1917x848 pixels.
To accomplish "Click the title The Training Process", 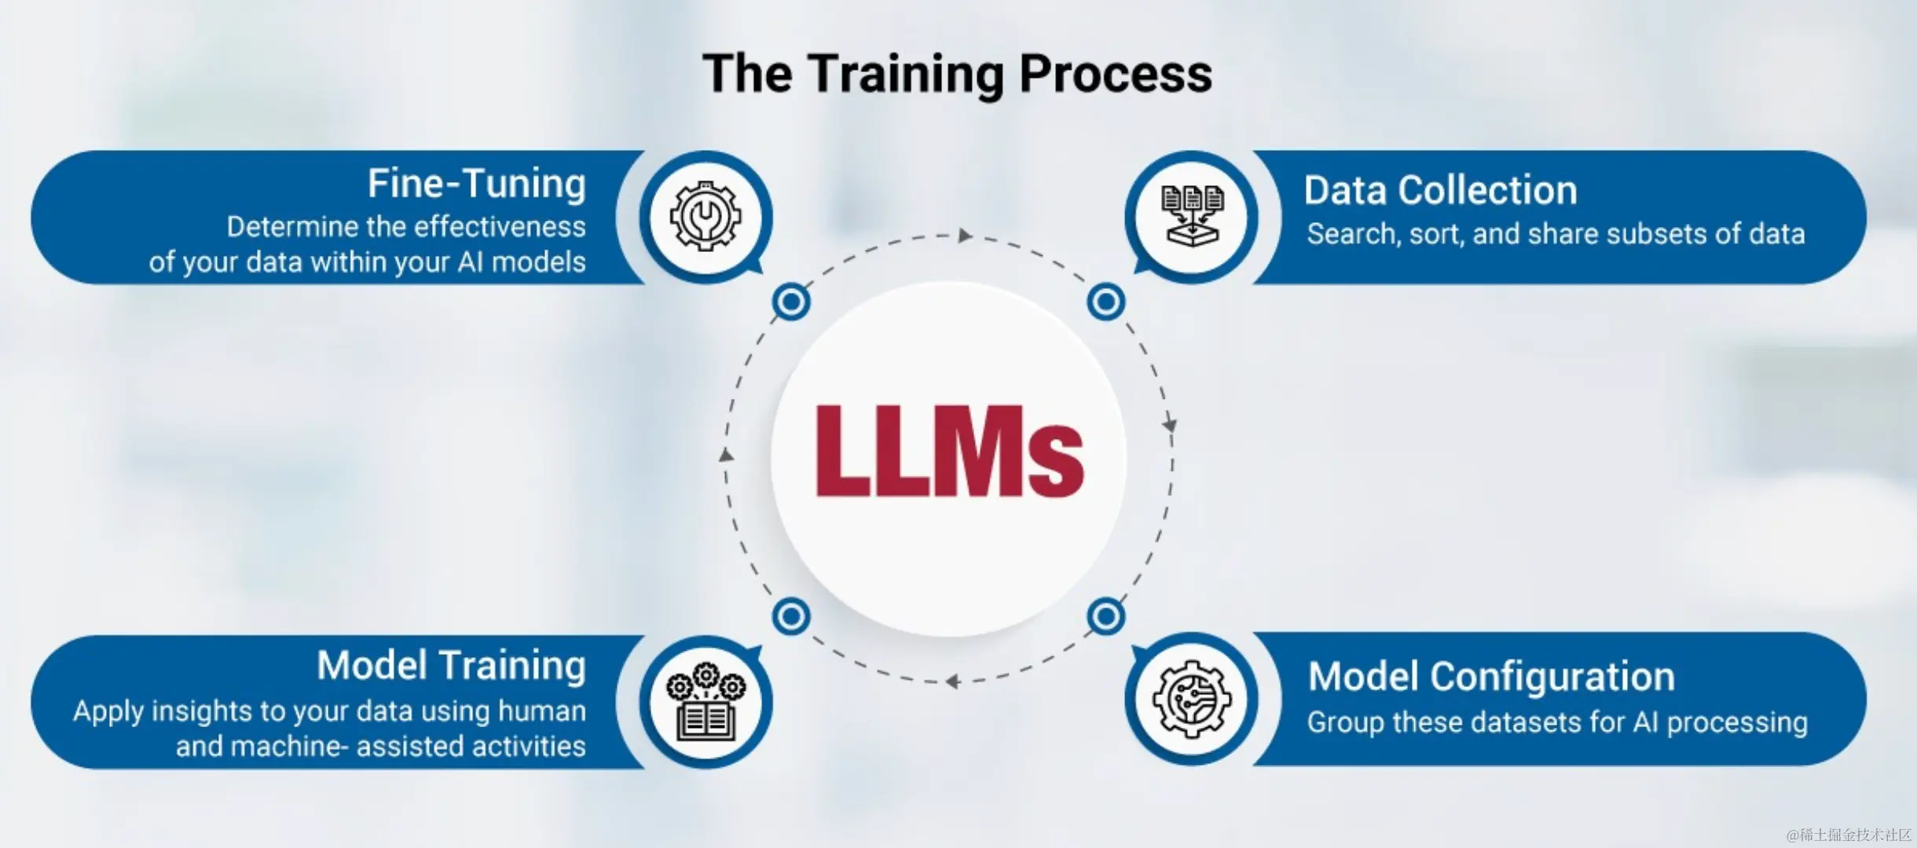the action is (957, 74).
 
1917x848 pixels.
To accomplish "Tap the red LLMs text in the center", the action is (949, 452).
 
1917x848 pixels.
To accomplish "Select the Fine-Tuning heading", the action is (477, 184).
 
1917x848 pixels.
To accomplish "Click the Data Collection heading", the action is (1440, 190).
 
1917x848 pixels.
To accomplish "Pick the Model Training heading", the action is (451, 665).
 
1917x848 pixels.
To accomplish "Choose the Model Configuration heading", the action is (1491, 676).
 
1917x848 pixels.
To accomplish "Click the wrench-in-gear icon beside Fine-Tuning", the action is (705, 216).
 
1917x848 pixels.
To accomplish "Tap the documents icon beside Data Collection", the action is (1192, 216).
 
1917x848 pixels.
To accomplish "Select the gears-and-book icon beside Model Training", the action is (705, 701).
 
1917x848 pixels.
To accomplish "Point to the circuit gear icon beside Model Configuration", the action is (1192, 699).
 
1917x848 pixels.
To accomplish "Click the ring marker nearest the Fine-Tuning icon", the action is (791, 302).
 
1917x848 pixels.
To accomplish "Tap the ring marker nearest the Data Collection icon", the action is (1106, 302).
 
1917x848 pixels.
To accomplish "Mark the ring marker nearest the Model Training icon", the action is (791, 616).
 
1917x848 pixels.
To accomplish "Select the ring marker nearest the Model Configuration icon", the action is (1106, 616).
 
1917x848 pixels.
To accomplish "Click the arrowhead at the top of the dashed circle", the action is (965, 236).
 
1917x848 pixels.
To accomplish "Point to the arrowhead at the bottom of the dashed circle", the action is (952, 682).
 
